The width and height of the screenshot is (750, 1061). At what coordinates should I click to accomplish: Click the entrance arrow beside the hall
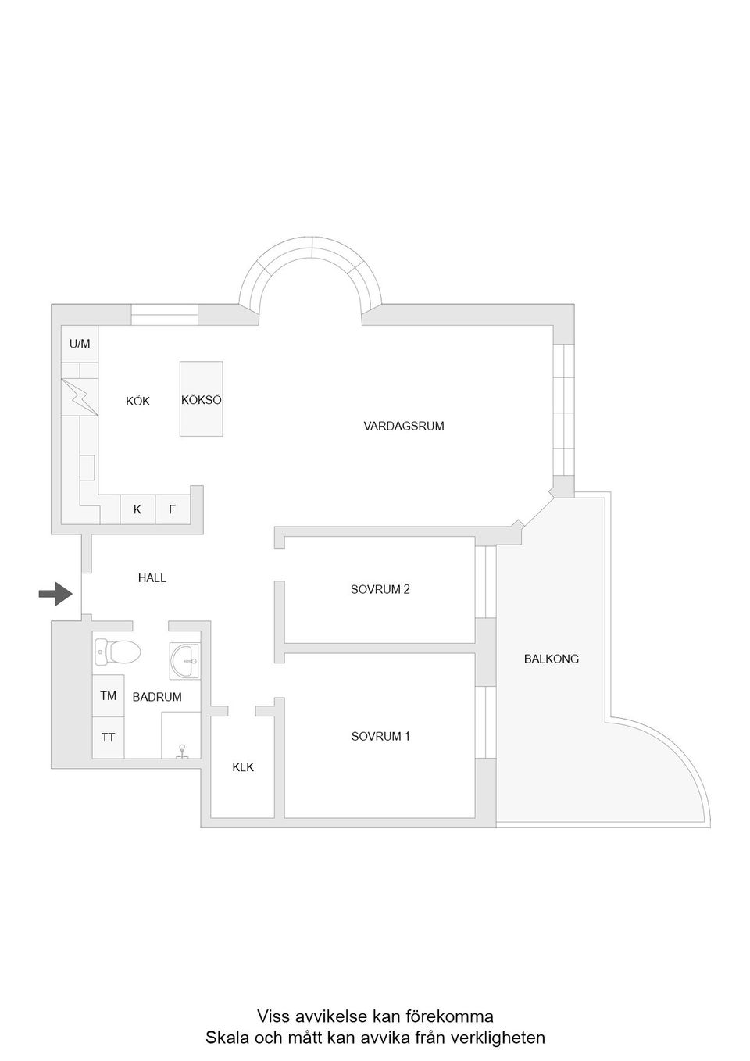click(55, 594)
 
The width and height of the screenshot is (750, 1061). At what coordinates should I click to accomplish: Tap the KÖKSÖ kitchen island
click(202, 398)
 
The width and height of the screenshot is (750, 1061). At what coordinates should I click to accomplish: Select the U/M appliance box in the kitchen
click(80, 344)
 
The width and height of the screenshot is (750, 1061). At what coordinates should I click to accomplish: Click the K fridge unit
click(137, 509)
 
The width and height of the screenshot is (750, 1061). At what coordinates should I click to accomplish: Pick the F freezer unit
click(173, 509)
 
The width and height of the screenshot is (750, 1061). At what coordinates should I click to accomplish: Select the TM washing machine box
click(108, 695)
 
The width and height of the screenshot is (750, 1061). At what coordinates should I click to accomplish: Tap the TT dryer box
click(108, 738)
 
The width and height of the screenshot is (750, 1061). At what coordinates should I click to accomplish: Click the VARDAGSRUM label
click(404, 426)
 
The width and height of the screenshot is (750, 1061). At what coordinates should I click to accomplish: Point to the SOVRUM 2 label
click(380, 589)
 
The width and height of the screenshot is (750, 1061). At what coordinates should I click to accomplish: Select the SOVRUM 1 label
click(380, 736)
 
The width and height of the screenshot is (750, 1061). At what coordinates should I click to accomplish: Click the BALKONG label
click(551, 659)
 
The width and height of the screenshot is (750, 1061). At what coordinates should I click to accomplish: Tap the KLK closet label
click(243, 767)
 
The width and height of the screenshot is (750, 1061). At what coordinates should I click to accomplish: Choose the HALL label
click(152, 578)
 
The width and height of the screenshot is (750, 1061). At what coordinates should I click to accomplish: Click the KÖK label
click(137, 401)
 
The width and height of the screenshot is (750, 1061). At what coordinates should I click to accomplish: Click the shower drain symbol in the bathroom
click(182, 753)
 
